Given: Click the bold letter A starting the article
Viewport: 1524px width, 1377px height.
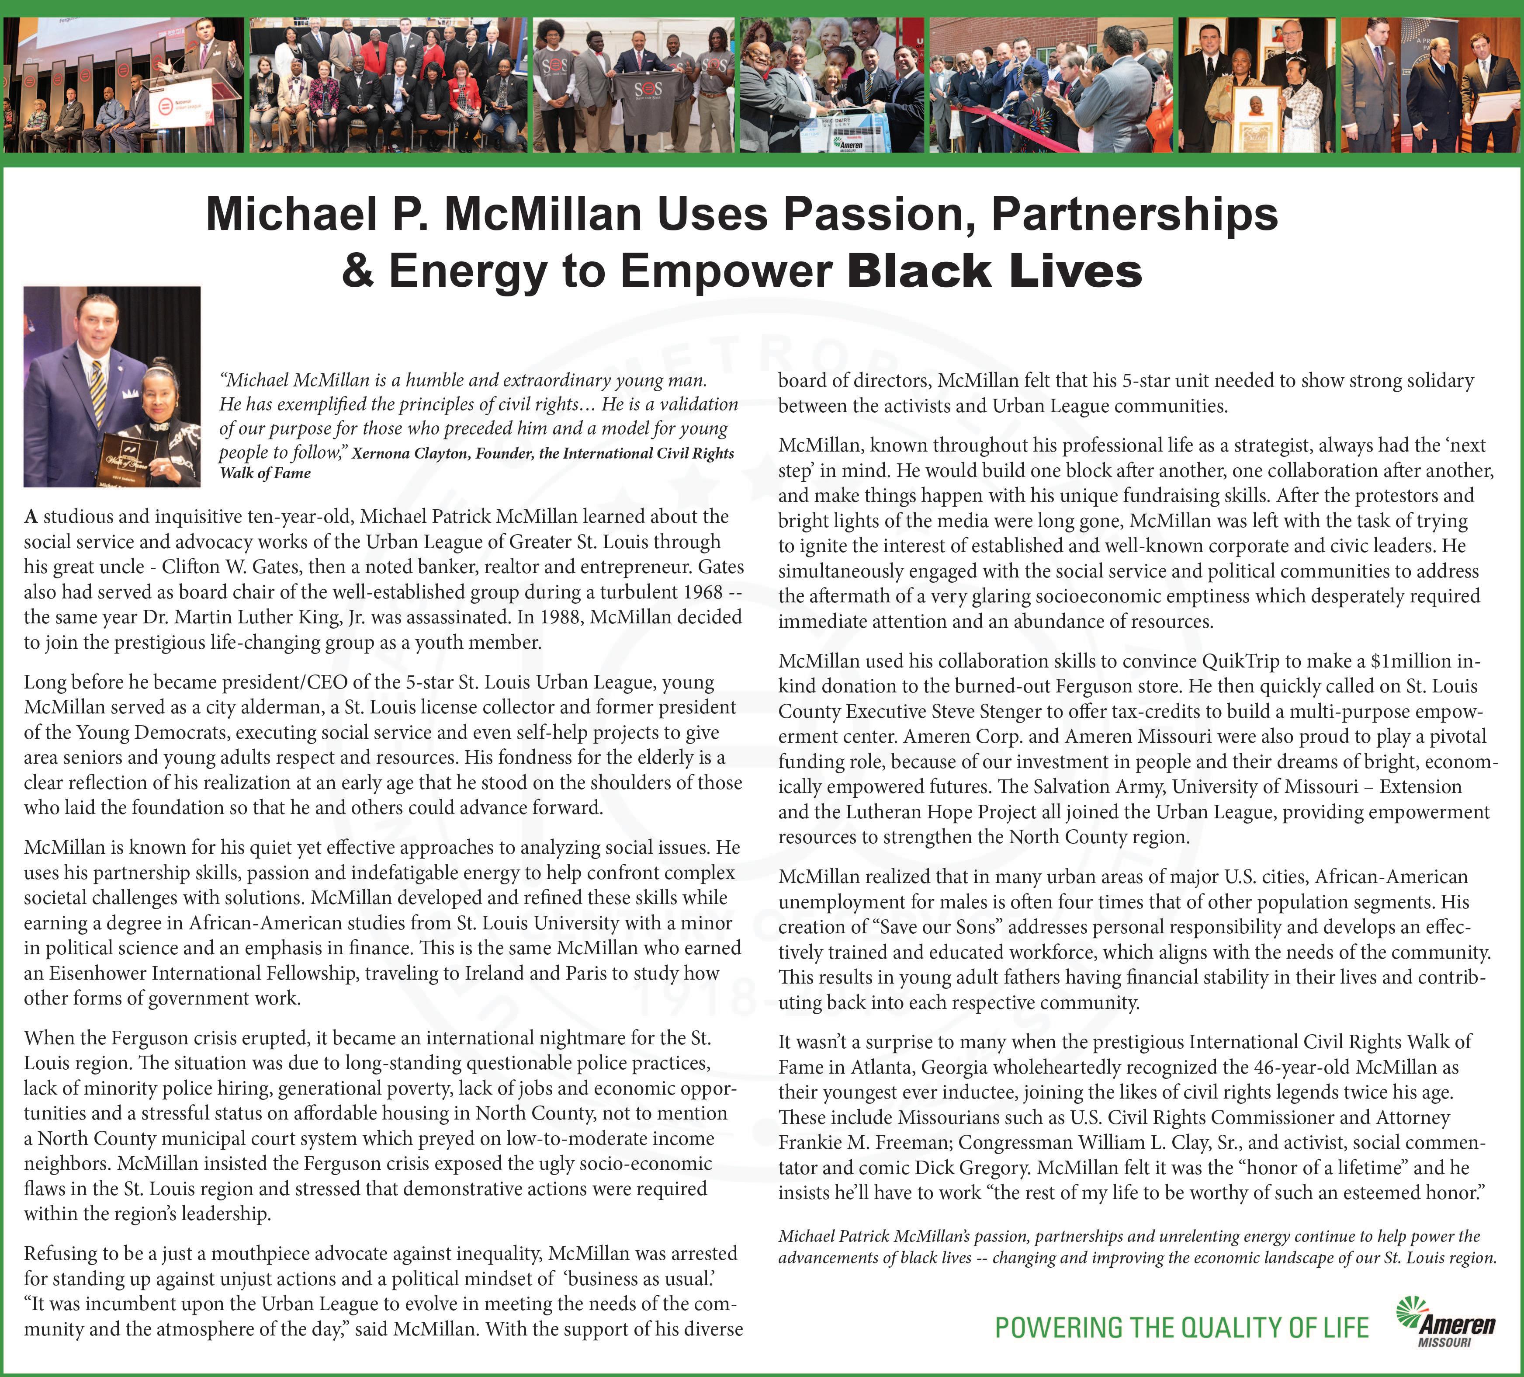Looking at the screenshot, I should [x=31, y=517].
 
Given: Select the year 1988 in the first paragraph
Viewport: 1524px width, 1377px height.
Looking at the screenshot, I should [x=560, y=617].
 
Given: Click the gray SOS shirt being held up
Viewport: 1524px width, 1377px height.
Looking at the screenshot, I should [x=648, y=94].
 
